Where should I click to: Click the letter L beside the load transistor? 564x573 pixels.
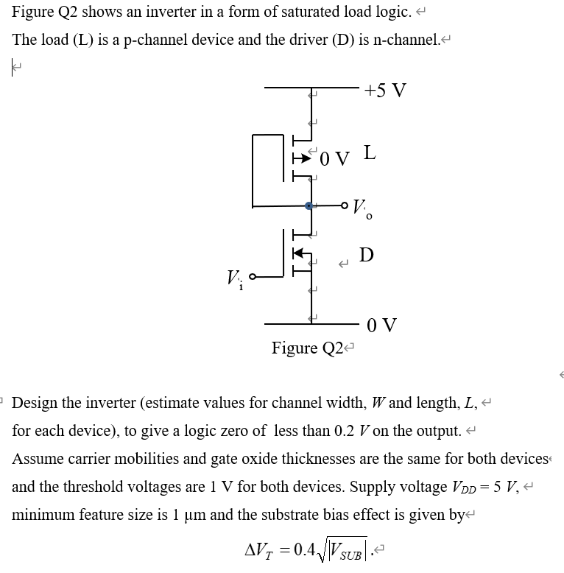(x=370, y=154)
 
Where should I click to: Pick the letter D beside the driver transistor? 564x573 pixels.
(x=366, y=255)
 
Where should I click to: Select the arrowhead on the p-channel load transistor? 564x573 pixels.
(x=300, y=156)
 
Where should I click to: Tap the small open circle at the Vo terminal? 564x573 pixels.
(x=345, y=205)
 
